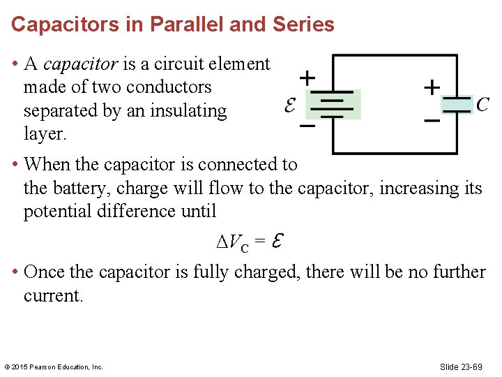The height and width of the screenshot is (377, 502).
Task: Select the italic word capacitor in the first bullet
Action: pyautogui.click(x=81, y=64)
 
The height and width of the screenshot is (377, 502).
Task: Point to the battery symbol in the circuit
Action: pyautogui.click(x=335, y=105)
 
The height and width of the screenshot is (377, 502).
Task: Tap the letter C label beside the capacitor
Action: pyautogui.click(x=482, y=105)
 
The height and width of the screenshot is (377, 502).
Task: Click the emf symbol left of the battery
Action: pyautogui.click(x=293, y=105)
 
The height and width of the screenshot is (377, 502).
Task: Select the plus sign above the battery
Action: pyautogui.click(x=306, y=76)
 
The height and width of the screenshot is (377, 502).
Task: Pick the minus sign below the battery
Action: pyautogui.click(x=306, y=127)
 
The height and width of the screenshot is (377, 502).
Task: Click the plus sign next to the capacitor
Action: pyautogui.click(x=432, y=87)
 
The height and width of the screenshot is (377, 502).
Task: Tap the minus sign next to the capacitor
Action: pyautogui.click(x=432, y=121)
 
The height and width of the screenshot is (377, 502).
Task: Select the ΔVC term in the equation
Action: pyautogui.click(x=231, y=243)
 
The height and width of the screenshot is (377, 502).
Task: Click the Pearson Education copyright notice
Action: pyautogui.click(x=54, y=367)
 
